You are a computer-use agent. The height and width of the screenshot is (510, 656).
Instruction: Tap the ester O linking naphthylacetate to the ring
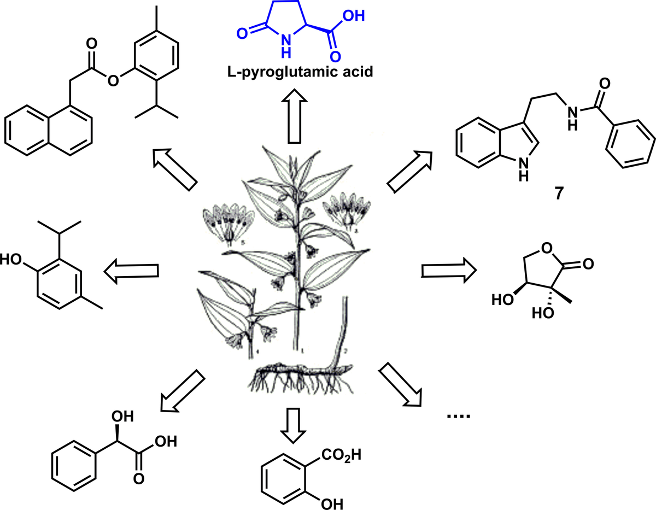coord(114,82)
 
